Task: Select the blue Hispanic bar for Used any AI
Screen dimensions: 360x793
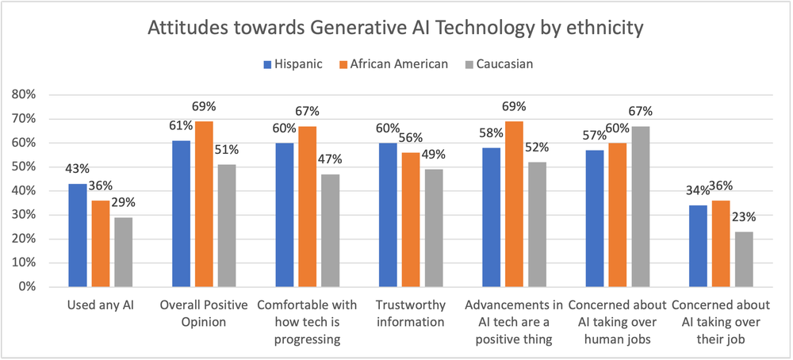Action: tap(78, 235)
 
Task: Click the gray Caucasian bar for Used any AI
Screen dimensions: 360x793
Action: tap(125, 251)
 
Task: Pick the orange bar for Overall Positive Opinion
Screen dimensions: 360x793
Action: tap(205, 204)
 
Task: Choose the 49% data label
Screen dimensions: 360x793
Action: tap(435, 153)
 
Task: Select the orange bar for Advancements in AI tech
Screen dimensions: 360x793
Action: tap(515, 204)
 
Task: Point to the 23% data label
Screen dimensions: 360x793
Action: tap(745, 215)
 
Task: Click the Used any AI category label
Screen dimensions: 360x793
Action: tap(101, 306)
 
